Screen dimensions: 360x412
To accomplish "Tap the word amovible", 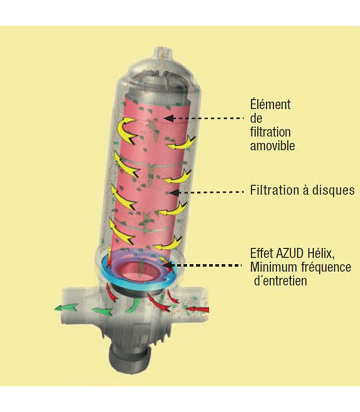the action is pyautogui.click(x=272, y=146).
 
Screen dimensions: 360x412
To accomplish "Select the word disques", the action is pyautogui.click(x=333, y=190).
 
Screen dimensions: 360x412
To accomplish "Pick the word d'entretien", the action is pyautogui.click(x=280, y=281).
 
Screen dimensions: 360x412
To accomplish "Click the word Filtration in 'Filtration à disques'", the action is pyautogui.click(x=272, y=190).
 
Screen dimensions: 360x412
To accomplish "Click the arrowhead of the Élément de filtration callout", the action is pyautogui.click(x=169, y=118).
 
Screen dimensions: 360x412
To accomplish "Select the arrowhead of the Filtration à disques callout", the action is pyautogui.click(x=174, y=192).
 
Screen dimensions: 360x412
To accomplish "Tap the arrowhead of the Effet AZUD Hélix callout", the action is pyautogui.click(x=168, y=265).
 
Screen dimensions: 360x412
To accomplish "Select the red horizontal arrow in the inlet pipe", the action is pyautogui.click(x=198, y=310).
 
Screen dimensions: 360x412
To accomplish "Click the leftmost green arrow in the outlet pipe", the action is pyautogui.click(x=66, y=307).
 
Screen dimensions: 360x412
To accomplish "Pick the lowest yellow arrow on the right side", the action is pyautogui.click(x=168, y=244).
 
